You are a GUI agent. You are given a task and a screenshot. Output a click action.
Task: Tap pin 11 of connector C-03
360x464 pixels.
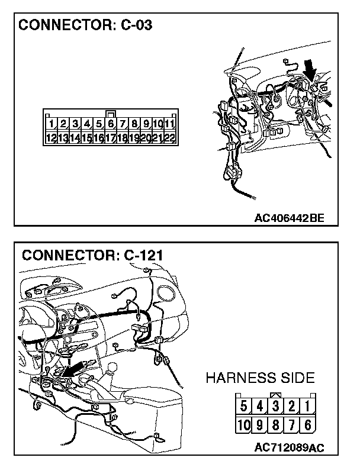tap(169, 124)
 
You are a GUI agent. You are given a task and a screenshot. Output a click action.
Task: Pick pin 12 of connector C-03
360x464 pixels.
tap(52, 138)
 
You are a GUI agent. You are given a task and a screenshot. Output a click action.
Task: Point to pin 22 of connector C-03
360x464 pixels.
tap(169, 138)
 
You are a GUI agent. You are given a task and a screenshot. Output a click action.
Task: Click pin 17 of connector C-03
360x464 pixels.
tap(111, 138)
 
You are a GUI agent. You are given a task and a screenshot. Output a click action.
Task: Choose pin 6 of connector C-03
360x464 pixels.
tap(111, 124)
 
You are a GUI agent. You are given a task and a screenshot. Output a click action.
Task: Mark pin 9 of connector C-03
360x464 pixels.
tap(146, 124)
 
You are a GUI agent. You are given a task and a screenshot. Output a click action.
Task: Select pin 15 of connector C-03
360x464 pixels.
tap(87, 138)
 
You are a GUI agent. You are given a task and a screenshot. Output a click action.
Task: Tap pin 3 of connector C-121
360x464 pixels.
tap(275, 407)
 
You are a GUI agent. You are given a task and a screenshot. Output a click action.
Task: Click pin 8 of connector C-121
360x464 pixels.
tap(275, 424)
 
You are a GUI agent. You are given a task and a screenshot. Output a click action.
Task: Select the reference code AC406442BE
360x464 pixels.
tap(290, 218)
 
